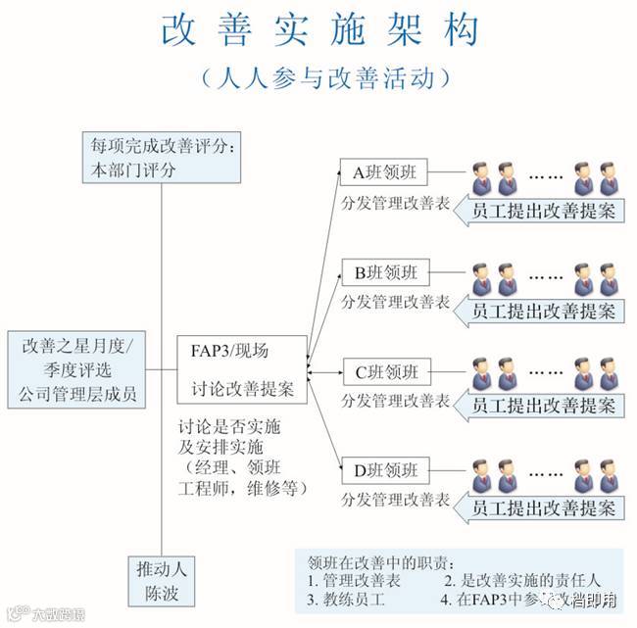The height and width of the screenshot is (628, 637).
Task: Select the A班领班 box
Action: click(385, 172)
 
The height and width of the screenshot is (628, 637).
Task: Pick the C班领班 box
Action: click(385, 372)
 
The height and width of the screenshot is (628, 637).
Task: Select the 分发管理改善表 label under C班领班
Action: click(395, 403)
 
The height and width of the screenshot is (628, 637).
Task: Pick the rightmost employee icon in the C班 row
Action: click(608, 376)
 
